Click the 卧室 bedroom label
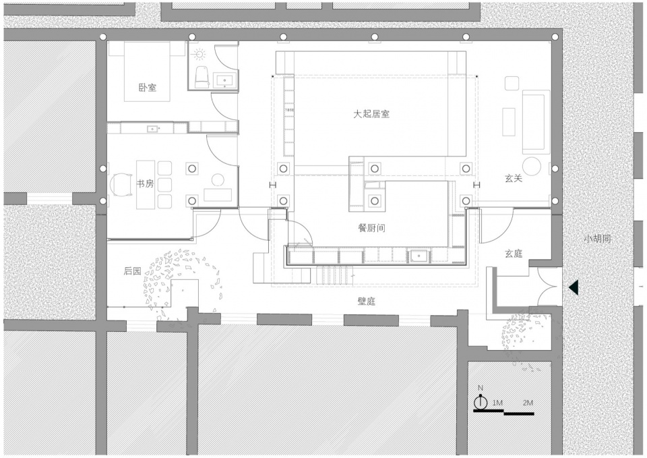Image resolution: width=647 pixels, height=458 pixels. pos(148,88)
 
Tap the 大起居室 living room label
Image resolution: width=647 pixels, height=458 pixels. pos(371,114)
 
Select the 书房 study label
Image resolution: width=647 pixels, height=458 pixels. pos(146,183)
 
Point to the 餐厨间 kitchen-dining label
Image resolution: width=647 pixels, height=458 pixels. pos(371,227)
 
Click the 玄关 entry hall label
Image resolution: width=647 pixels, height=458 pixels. pos(514,178)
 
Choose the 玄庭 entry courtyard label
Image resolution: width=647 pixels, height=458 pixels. pos(514,254)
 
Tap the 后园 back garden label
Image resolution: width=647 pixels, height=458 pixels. pos(133,271)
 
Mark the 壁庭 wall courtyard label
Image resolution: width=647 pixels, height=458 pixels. pos(367,301)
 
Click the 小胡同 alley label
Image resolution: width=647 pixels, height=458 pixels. pos(597,239)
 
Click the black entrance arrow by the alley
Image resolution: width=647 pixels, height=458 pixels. pos(574,287)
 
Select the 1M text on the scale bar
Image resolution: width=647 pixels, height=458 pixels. pos(497,403)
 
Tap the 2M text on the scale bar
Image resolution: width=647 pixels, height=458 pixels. pos(528,403)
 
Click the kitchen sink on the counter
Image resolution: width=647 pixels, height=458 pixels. pos(419,256)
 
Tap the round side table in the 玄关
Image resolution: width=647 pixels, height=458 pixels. pos(532,167)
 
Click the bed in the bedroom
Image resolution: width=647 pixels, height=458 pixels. pos(148,71)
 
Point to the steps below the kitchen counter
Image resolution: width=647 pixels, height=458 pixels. pos(335,275)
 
